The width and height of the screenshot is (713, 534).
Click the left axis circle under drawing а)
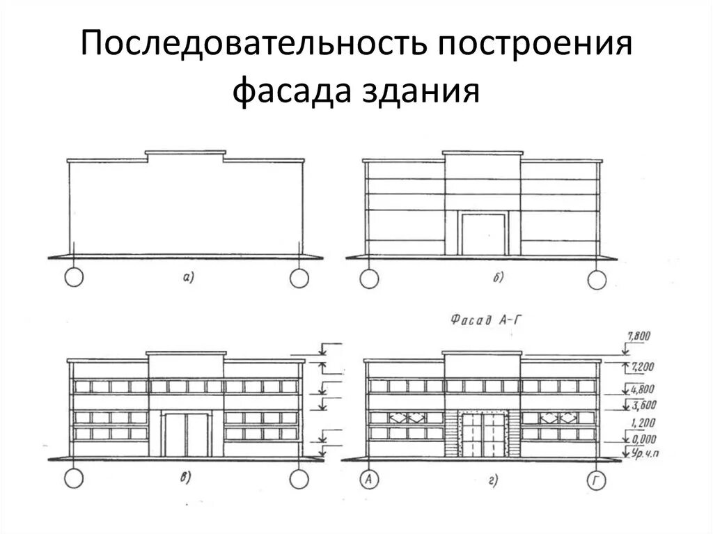tap(73, 278)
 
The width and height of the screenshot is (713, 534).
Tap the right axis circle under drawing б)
tap(597, 280)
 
